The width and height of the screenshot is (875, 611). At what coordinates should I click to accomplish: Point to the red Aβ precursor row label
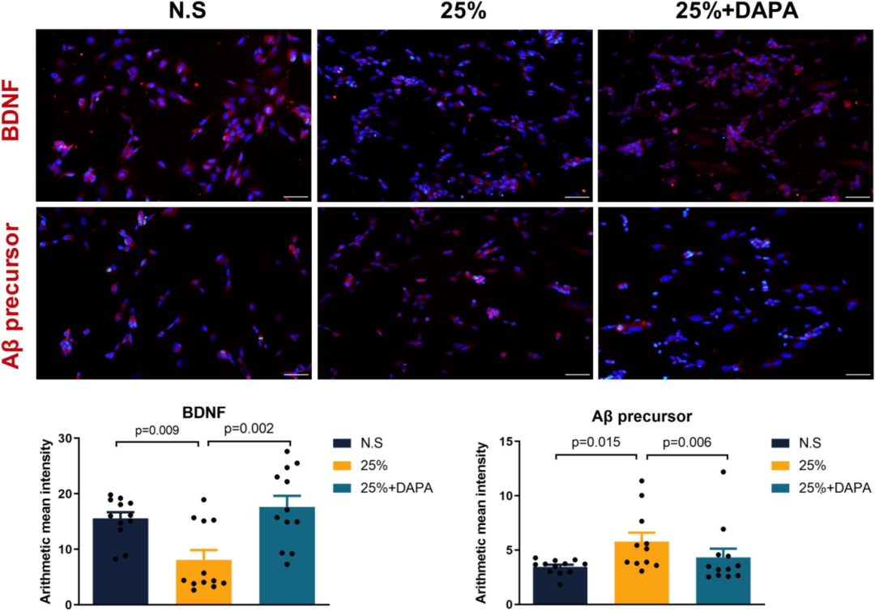(x=12, y=293)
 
